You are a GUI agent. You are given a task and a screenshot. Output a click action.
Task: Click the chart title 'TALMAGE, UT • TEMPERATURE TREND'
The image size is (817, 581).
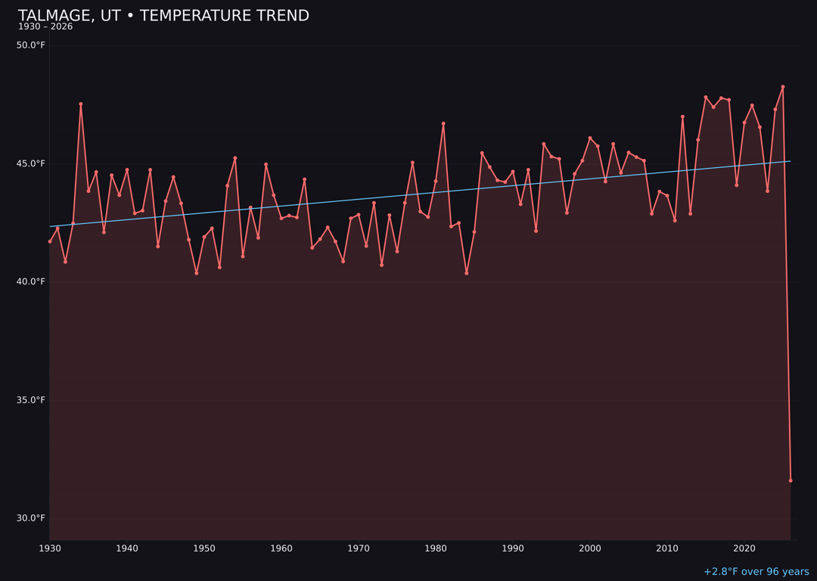[163, 16]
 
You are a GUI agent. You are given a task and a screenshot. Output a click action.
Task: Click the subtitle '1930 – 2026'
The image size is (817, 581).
[45, 27]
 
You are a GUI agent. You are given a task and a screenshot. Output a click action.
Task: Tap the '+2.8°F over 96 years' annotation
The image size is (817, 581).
[756, 572]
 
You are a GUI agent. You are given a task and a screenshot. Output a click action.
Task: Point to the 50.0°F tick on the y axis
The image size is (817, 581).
[31, 45]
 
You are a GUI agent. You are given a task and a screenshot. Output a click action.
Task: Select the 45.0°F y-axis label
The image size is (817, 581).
[31, 163]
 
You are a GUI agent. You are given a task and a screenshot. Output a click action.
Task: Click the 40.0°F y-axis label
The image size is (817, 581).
[31, 282]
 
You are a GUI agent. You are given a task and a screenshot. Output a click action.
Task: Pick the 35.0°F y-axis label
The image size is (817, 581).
[31, 400]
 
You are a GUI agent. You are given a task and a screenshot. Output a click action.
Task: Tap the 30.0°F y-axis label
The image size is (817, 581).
[31, 518]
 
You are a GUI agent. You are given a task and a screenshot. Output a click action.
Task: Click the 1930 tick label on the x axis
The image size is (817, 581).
[50, 548]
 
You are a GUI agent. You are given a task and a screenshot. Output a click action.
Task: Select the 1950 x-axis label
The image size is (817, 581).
[204, 548]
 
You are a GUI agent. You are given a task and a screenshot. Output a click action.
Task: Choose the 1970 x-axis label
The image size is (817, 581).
[359, 548]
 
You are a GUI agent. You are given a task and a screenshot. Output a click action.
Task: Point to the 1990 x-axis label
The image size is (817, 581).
[513, 548]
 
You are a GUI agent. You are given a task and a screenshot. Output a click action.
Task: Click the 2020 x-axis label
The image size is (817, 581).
[744, 548]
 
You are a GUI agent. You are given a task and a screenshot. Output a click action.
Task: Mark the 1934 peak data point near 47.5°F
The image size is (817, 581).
[81, 104]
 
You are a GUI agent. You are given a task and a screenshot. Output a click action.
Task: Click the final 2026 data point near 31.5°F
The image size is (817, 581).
[791, 480]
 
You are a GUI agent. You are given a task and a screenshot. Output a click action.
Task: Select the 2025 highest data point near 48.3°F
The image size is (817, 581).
[783, 87]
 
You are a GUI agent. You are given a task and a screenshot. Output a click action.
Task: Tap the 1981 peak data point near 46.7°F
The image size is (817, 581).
[443, 123]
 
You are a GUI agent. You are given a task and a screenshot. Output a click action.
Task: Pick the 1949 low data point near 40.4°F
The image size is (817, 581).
[197, 273]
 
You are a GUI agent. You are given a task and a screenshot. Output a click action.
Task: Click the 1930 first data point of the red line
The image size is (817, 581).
[50, 241]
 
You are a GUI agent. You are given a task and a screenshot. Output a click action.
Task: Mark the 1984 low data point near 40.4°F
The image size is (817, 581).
[467, 273]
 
